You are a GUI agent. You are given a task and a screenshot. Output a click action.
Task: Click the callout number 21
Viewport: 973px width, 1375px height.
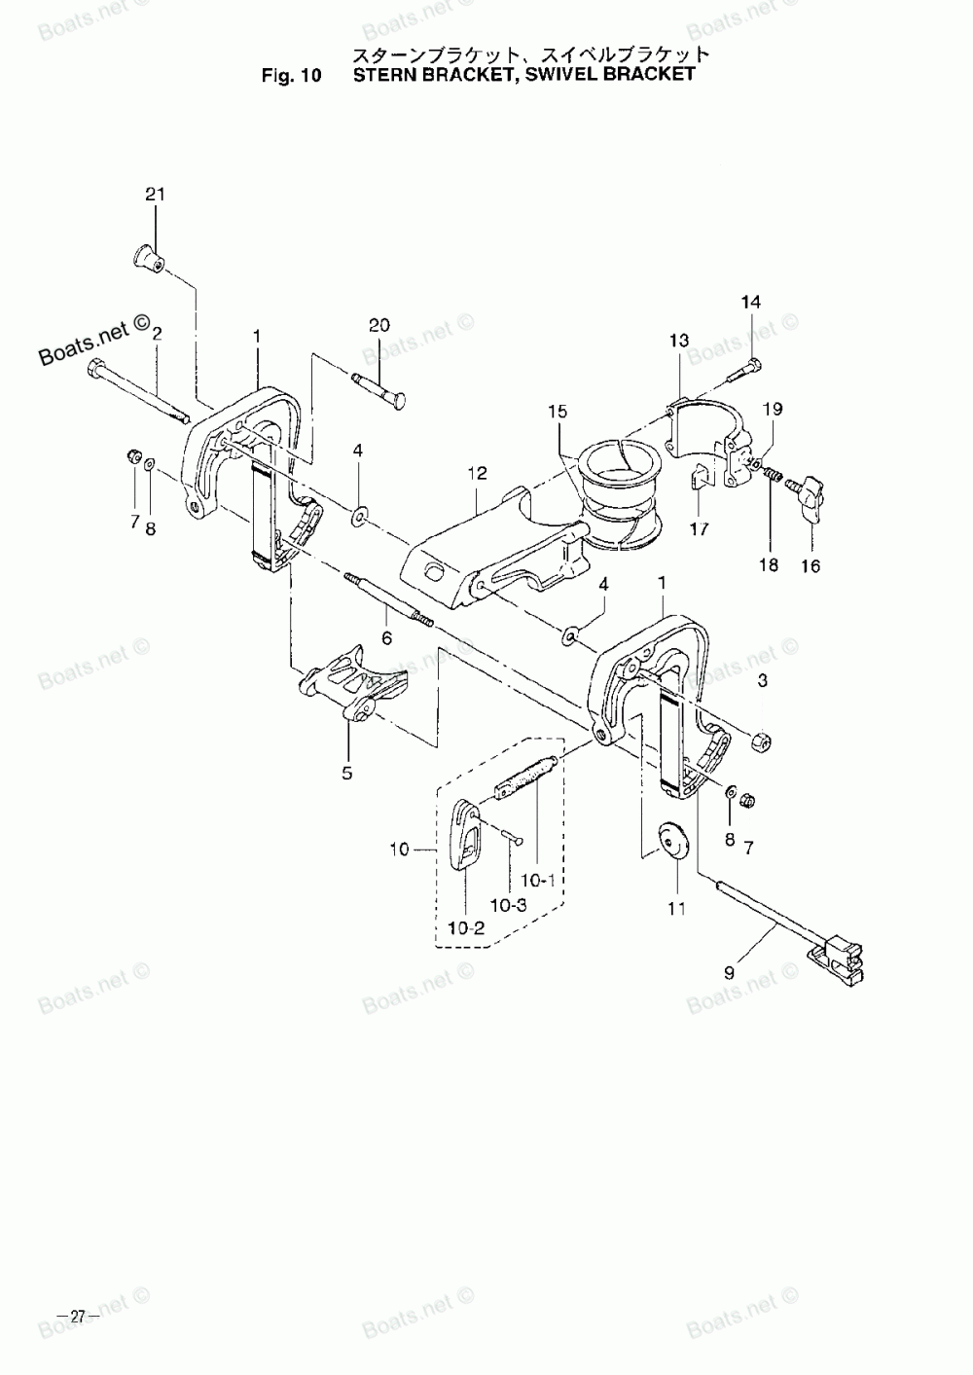(x=155, y=195)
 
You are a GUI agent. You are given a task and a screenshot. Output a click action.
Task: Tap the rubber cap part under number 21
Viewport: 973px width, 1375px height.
(x=147, y=258)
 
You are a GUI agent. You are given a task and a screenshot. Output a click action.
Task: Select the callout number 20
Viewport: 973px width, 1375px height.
(x=378, y=325)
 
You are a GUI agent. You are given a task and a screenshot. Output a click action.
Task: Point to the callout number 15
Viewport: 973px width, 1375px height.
(x=556, y=412)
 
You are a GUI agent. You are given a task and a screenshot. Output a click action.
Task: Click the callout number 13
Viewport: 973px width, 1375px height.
(x=678, y=340)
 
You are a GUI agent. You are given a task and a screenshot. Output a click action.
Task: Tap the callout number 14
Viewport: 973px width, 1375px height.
(x=751, y=302)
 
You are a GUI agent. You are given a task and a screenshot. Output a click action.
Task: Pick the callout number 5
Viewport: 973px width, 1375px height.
(x=347, y=774)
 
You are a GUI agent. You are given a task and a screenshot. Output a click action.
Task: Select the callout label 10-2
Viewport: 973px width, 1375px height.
(x=467, y=927)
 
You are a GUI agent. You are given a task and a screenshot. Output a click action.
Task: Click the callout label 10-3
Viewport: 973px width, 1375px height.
(x=508, y=904)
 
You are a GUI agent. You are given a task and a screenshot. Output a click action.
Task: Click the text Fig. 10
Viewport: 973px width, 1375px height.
(x=291, y=74)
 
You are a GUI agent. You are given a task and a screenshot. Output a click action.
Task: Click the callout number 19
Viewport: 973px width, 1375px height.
(x=771, y=410)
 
